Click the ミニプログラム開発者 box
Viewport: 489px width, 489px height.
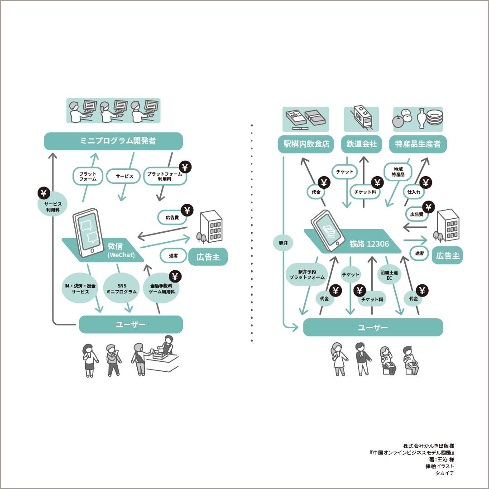[113, 141]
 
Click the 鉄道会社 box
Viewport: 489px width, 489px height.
[362, 144]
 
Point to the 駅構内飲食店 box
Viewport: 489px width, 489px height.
[306, 144]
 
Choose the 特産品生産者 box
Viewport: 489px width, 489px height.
[417, 144]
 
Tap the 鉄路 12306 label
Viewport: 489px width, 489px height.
[369, 244]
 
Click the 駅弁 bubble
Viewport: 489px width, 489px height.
[283, 243]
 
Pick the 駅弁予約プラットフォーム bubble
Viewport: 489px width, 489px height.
[307, 274]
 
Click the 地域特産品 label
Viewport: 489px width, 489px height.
[398, 172]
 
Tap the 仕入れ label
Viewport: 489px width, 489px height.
[414, 192]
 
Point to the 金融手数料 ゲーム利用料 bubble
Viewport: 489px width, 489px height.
[161, 289]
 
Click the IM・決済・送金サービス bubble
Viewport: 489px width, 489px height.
[80, 288]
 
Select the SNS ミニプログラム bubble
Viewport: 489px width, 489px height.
[121, 288]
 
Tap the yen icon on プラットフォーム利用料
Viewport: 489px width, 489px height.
[185, 168]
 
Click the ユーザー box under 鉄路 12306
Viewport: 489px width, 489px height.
[373, 327]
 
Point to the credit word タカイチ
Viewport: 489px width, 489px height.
[444, 473]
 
